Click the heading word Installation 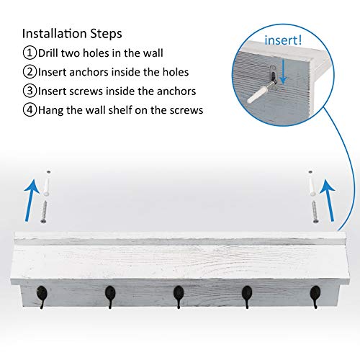tap(52, 33)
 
